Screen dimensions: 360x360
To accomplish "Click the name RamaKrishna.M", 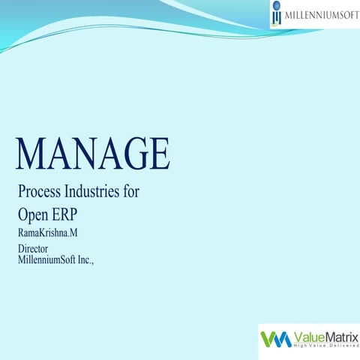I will (x=47, y=232).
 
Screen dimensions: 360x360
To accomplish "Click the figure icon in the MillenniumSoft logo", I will (x=277, y=14).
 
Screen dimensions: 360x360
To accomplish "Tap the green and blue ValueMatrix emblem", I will (x=275, y=339).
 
